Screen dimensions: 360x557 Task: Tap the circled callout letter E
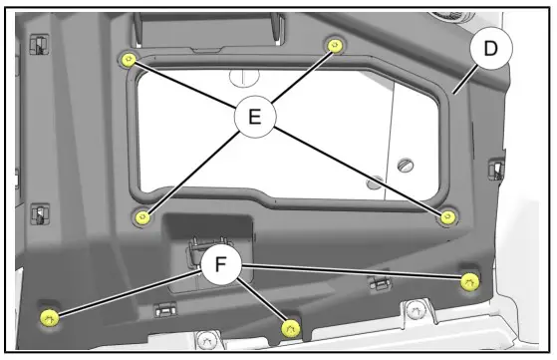pos(255,117)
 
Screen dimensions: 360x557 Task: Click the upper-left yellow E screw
pos(128,59)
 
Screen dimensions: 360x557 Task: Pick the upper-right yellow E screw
pos(333,46)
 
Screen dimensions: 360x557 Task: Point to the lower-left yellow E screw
pos(143,215)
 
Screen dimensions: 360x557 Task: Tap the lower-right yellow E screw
pos(449,217)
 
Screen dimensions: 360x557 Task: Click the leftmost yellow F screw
pos(47,317)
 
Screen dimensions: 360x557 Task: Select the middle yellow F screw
pos(290,326)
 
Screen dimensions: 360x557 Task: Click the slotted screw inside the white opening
pos(406,164)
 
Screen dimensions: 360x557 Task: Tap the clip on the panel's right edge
pos(494,168)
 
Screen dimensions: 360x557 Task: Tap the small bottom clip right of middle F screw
pos(376,284)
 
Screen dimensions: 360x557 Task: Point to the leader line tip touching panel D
pos(452,92)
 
